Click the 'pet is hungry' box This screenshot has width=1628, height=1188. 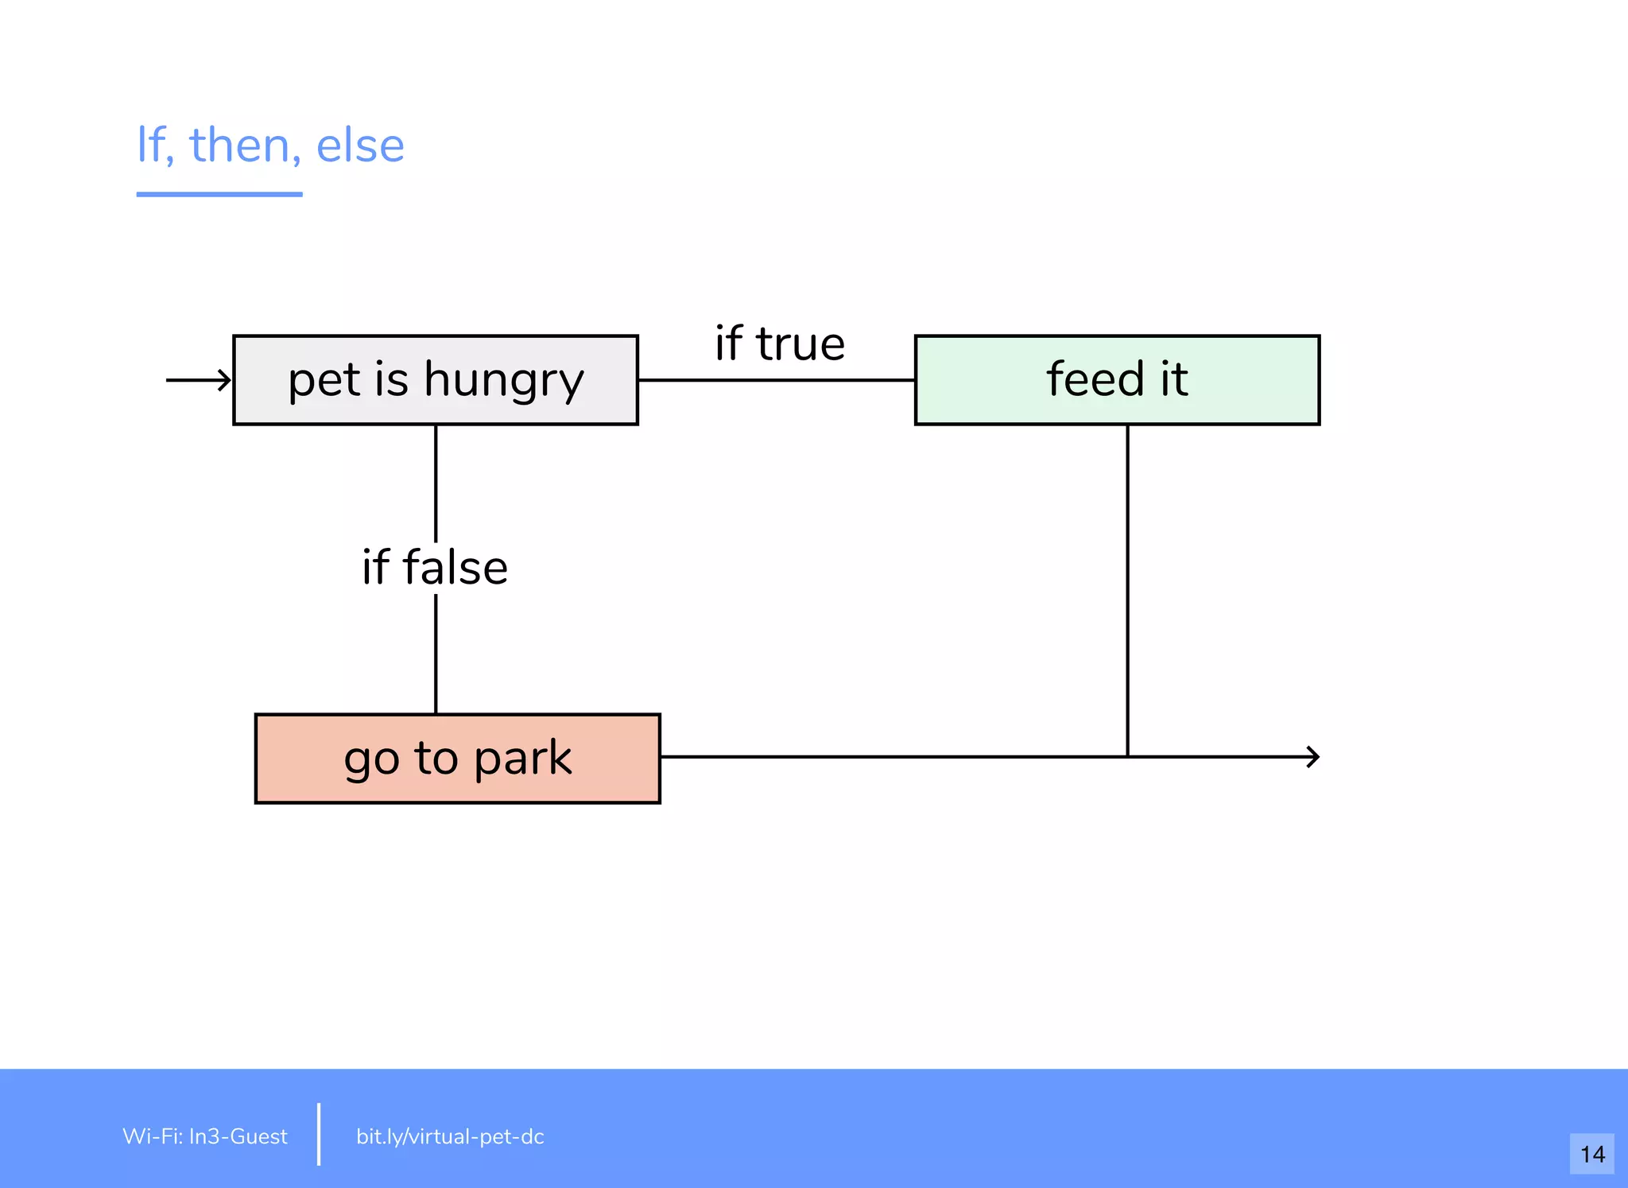point(436,380)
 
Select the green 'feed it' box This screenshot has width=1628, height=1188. point(1117,380)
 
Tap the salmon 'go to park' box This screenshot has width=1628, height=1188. point(457,759)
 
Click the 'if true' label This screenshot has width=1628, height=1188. point(780,344)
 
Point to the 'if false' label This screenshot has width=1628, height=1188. point(435,567)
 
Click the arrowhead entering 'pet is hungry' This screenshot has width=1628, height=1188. point(224,380)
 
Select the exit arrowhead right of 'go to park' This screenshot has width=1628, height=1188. point(1312,757)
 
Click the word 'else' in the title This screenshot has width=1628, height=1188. point(360,146)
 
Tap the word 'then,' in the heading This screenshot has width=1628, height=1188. point(245,146)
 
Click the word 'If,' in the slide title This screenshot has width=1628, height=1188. point(155,146)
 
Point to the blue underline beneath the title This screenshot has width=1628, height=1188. point(219,194)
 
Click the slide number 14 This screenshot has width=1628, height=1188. point(1591,1154)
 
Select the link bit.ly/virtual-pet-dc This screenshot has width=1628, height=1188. point(450,1136)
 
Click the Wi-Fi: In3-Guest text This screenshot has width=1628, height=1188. point(205,1136)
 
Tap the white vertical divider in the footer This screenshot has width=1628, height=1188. point(319,1134)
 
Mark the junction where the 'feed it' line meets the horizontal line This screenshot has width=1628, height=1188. point(1127,757)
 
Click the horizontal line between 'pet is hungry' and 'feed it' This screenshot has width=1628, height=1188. point(776,380)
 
